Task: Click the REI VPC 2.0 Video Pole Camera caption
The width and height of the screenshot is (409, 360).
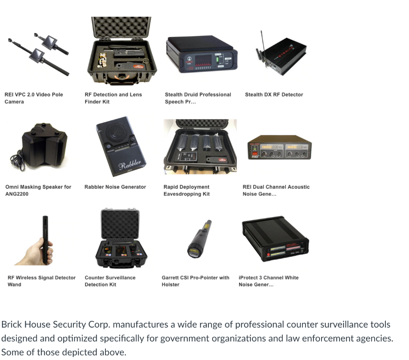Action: click(34, 98)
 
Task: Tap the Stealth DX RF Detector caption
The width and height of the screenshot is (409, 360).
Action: click(274, 95)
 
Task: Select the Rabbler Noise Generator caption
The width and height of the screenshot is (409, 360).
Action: click(115, 187)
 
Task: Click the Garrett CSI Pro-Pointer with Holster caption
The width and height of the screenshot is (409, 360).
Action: click(195, 281)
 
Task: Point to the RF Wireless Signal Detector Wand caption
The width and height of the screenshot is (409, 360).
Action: click(42, 281)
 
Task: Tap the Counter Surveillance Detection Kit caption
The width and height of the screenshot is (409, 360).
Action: click(110, 281)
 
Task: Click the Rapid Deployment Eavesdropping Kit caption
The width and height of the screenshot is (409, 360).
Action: click(187, 190)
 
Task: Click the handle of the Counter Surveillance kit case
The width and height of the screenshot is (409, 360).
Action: click(117, 209)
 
